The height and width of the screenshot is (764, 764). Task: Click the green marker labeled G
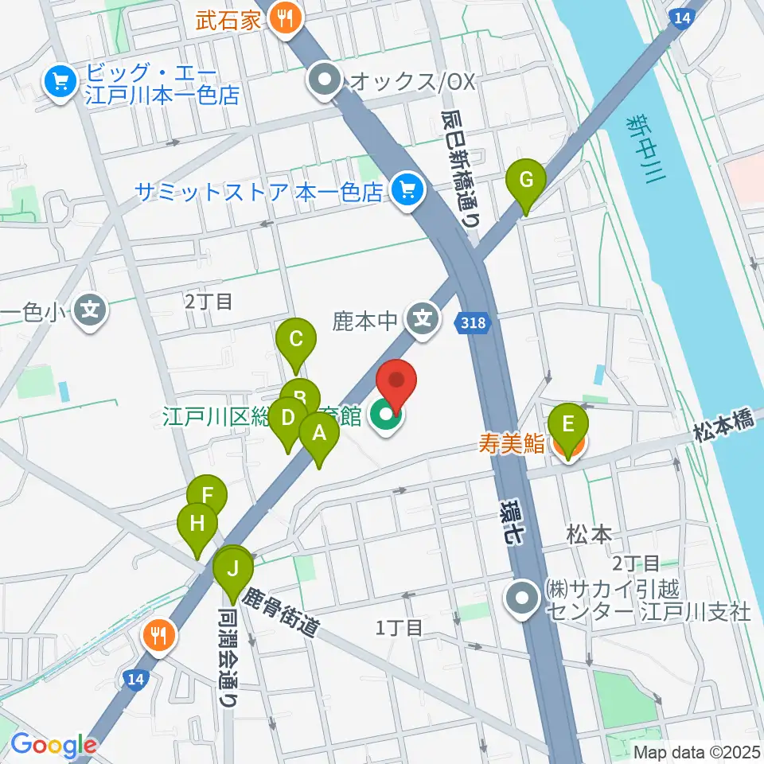click(526, 180)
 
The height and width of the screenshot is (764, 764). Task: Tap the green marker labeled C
click(295, 341)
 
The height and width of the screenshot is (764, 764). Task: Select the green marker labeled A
click(318, 435)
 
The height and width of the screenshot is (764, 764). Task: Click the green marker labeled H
click(197, 524)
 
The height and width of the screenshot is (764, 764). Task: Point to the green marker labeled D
click(288, 419)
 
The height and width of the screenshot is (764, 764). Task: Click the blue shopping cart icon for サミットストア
click(409, 191)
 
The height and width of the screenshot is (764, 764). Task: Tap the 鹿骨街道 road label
click(281, 612)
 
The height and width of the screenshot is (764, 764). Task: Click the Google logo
click(53, 746)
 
